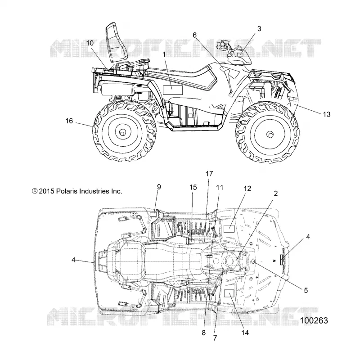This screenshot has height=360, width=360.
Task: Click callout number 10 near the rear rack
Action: tap(90, 43)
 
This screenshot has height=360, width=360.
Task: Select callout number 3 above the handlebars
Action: tap(259, 29)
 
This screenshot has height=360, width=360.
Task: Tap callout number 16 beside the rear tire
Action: tap(69, 121)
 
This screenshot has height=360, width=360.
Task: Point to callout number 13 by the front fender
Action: tap(327, 114)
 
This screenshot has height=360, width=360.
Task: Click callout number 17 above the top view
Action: tap(209, 174)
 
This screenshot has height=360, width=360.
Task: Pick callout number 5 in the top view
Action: tap(306, 290)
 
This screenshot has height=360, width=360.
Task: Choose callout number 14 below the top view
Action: tap(245, 333)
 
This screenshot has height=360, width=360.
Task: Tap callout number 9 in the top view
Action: tap(159, 187)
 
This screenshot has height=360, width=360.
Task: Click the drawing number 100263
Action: tap(314, 320)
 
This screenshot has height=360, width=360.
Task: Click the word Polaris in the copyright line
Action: tap(67, 191)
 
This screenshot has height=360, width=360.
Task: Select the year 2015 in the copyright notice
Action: tap(46, 191)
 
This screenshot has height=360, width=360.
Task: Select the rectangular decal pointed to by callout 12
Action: tap(229, 229)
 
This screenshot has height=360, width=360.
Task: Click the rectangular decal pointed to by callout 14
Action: tap(229, 293)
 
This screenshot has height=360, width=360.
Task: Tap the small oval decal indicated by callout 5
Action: tap(254, 261)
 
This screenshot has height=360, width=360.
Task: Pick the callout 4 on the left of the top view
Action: tap(73, 260)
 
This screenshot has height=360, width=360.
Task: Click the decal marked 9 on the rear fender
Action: tap(153, 215)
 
